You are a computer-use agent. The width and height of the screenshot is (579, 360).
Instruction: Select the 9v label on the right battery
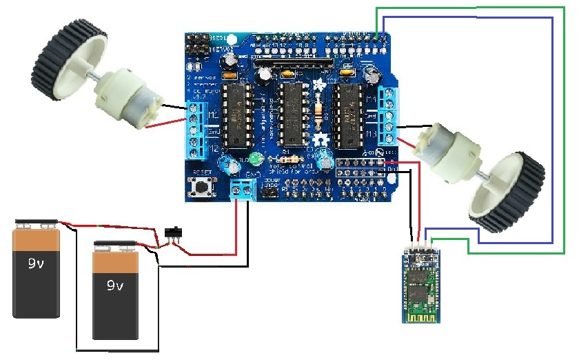(115, 285)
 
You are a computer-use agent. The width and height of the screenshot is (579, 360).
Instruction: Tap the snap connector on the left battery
(38, 223)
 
